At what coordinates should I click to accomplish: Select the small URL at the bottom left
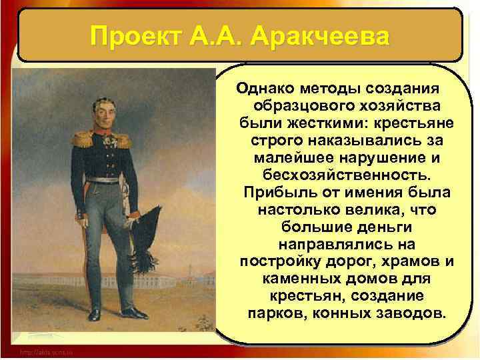coord(46,351)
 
